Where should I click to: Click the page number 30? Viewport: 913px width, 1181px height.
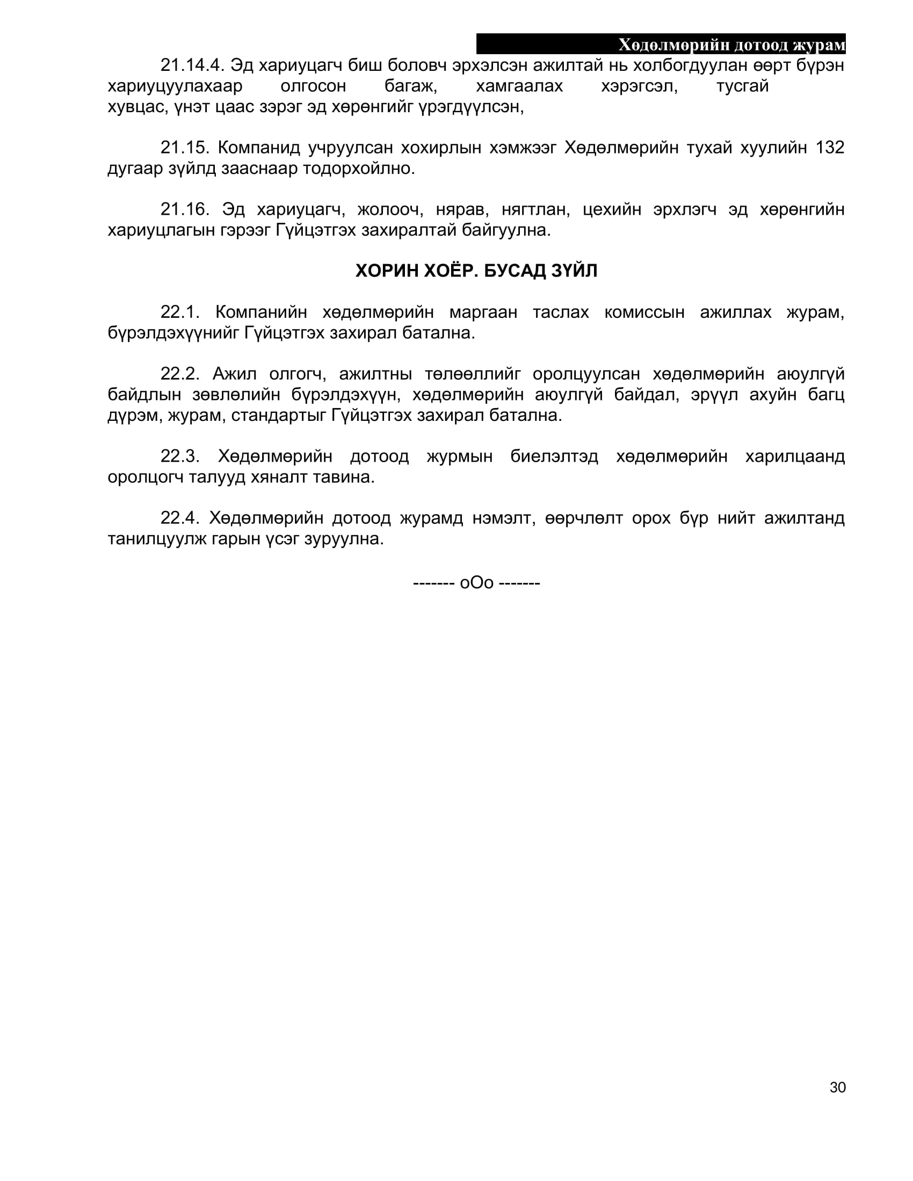click(837, 1088)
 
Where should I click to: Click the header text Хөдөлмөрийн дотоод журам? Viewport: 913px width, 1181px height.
click(732, 45)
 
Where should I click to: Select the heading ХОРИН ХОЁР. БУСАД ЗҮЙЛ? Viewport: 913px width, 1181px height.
click(476, 271)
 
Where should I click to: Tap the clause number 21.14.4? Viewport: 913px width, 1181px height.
click(192, 65)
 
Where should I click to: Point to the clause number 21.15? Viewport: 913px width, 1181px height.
click(184, 148)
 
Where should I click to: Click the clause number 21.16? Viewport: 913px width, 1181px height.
click(184, 209)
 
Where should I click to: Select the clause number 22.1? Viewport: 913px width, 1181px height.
click(180, 312)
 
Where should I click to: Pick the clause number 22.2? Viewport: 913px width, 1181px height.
click(180, 374)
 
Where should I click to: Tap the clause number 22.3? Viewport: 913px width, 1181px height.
click(180, 456)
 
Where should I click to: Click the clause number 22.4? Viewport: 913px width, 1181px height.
click(180, 518)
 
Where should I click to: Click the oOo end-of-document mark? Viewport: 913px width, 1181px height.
click(476, 583)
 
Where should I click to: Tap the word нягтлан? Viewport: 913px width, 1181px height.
click(535, 209)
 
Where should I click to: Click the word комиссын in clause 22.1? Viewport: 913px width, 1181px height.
click(644, 312)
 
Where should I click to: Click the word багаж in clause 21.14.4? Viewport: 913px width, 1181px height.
click(410, 86)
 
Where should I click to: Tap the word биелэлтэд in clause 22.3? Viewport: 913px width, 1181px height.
click(554, 456)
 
